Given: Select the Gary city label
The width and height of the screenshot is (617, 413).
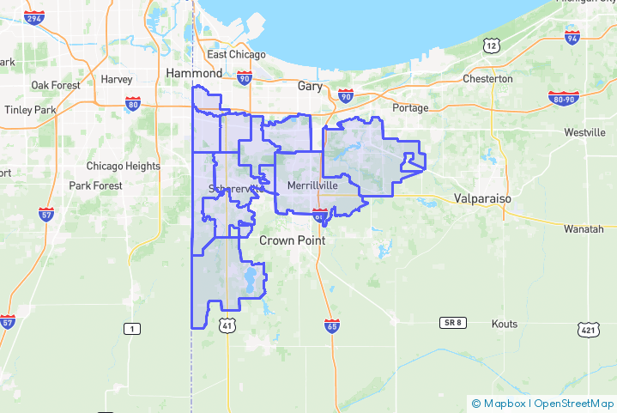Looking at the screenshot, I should [309, 87].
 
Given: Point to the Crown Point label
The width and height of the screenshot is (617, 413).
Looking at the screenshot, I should [292, 241].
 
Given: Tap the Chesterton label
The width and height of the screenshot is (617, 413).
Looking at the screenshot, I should [487, 79].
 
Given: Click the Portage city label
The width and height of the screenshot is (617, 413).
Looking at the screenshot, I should [409, 108].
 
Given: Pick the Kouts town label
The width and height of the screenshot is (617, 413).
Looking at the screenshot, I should [504, 324].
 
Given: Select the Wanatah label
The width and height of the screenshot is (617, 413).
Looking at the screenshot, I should [584, 229].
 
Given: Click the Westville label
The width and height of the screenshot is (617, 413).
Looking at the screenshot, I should [584, 133].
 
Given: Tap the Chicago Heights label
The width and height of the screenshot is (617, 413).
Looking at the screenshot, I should [123, 167].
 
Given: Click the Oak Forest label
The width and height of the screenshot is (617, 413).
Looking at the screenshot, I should [56, 85].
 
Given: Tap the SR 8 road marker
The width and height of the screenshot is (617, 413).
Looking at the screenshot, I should [452, 322].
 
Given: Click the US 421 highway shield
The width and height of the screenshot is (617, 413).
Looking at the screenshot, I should [587, 329].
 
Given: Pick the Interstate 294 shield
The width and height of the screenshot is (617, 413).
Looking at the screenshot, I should [33, 18].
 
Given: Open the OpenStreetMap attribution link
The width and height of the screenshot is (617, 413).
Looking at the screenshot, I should [573, 403].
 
